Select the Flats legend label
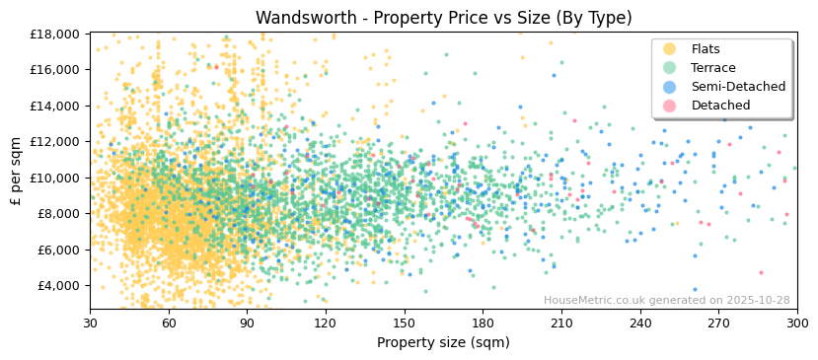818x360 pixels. (705, 49)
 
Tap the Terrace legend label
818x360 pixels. (712, 68)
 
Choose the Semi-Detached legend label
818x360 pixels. (738, 87)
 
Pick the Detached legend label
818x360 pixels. (720, 106)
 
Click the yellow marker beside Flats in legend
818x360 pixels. (670, 49)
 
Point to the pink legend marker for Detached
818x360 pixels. (670, 106)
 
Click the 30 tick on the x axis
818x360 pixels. (90, 323)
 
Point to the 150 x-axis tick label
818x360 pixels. (404, 323)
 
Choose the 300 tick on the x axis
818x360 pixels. (797, 323)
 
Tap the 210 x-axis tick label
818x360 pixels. (561, 323)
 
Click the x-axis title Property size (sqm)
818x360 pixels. (443, 342)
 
